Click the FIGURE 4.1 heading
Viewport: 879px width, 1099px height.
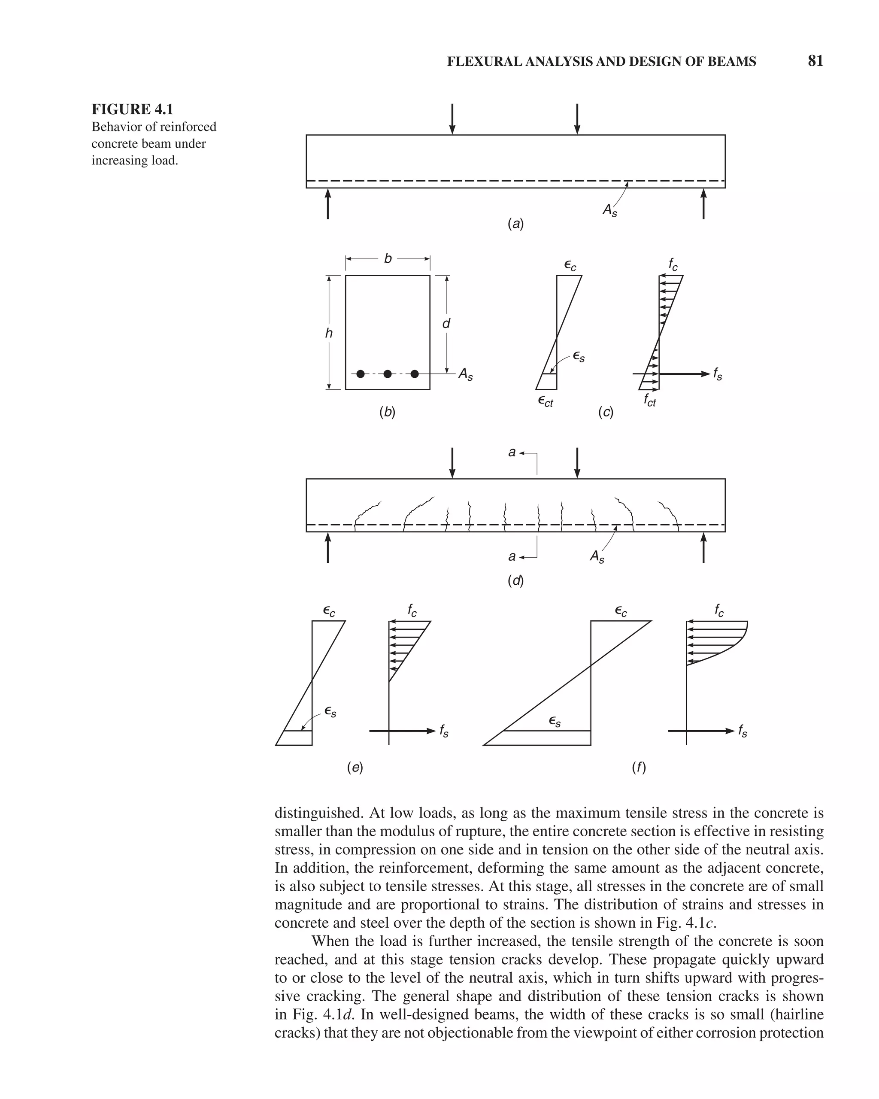(x=133, y=109)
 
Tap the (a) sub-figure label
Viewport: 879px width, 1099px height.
(x=515, y=223)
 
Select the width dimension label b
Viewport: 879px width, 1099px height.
(x=388, y=258)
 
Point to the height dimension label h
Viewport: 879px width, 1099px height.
(x=329, y=334)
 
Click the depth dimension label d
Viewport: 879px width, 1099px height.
(x=446, y=324)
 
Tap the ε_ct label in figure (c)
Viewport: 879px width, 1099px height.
(x=545, y=402)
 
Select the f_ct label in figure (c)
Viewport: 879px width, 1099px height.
(x=650, y=400)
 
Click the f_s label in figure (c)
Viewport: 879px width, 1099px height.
(x=718, y=375)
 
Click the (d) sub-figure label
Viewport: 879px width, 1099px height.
(x=515, y=580)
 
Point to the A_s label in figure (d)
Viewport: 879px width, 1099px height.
(x=597, y=557)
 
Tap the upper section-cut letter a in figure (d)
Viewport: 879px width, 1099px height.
(x=512, y=452)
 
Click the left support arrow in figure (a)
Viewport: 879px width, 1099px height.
(x=327, y=204)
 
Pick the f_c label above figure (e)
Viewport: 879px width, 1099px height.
(x=412, y=610)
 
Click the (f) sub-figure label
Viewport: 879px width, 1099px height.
(x=639, y=767)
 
